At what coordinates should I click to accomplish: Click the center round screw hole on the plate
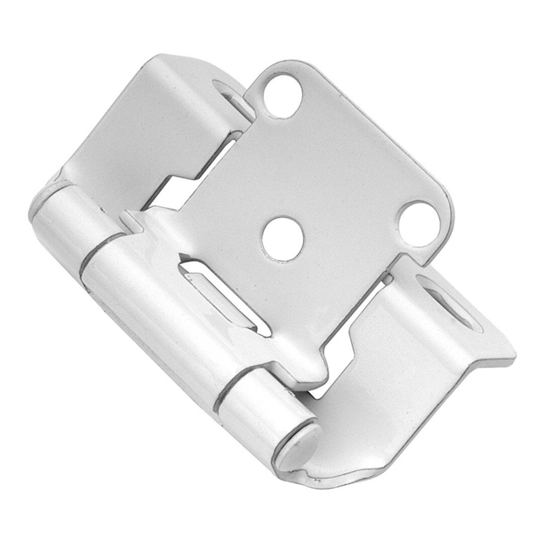coord(283,239)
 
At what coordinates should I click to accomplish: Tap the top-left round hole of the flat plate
coord(282,95)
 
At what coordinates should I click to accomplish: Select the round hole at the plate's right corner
coord(418,224)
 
